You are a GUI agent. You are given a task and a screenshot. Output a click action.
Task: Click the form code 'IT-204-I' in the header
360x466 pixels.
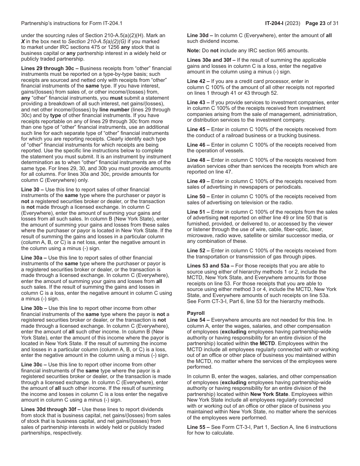coord(276,23)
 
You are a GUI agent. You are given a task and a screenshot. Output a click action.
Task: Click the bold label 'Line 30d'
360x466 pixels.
coord(199,35)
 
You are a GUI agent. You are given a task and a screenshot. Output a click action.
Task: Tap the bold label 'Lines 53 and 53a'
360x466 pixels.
coord(210,266)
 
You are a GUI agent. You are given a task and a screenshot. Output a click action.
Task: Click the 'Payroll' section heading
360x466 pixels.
coord(196,313)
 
